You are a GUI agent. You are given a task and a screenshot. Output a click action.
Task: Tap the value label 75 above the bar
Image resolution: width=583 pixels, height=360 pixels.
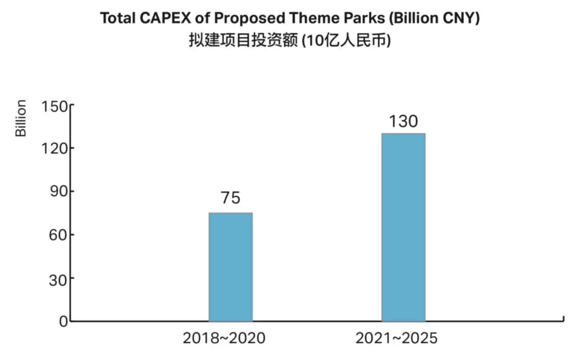(x=231, y=198)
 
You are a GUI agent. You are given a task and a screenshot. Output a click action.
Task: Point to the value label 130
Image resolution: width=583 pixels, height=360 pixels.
(x=403, y=121)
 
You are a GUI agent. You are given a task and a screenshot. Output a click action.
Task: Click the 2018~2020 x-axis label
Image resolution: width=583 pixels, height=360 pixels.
(x=224, y=338)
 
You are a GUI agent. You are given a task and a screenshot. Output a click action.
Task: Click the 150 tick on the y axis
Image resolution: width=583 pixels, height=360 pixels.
(x=55, y=107)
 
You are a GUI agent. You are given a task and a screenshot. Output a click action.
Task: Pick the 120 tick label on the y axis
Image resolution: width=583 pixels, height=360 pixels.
(x=55, y=149)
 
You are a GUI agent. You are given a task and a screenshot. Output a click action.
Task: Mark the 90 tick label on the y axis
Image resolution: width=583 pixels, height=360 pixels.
(x=58, y=192)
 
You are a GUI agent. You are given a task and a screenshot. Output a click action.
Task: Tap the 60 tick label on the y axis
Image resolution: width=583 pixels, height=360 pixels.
(x=58, y=234)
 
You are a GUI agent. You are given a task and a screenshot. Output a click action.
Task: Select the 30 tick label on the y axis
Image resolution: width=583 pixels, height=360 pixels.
(x=58, y=278)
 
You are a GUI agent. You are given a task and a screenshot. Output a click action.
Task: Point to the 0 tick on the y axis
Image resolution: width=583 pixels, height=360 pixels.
(x=63, y=321)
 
